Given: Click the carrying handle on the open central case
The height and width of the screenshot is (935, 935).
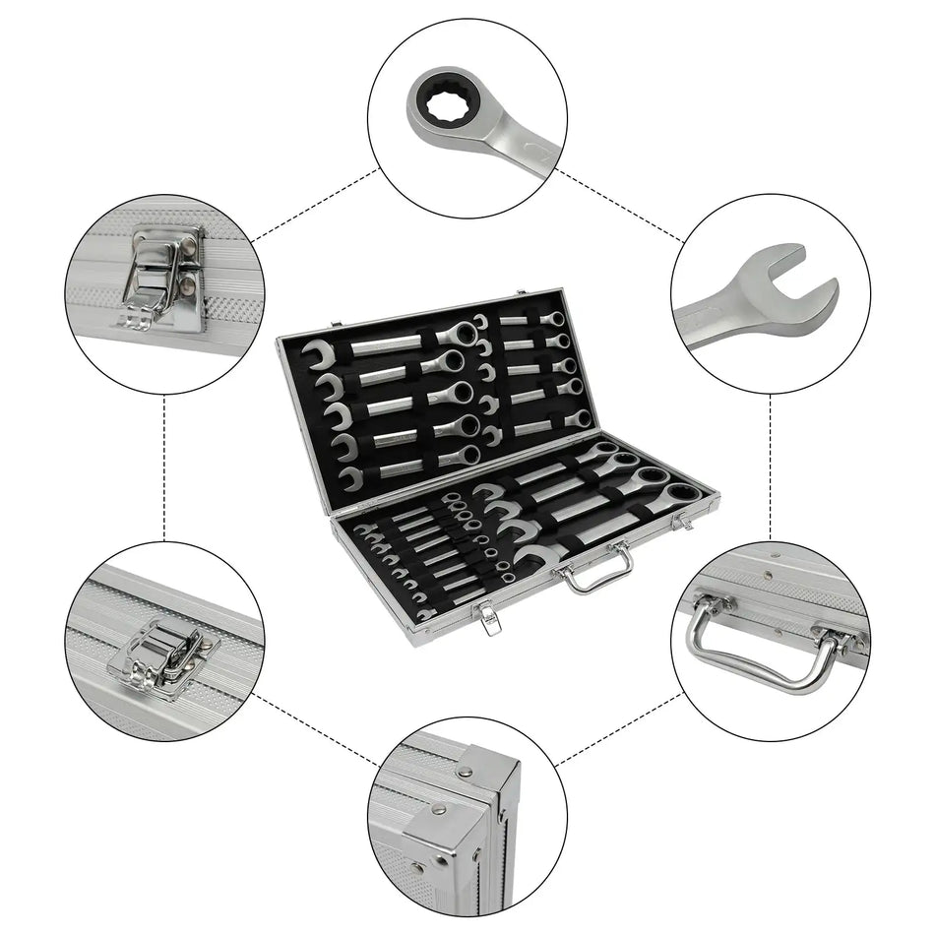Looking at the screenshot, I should pos(595,570).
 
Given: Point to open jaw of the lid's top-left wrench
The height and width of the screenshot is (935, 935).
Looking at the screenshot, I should pos(317,354).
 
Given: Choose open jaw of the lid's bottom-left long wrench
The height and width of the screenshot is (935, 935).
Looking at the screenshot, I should pos(351,478).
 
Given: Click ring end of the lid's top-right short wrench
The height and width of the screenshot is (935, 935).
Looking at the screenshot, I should pos(557,319).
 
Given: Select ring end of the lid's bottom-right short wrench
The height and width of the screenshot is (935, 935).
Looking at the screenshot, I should pos(580,419).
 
